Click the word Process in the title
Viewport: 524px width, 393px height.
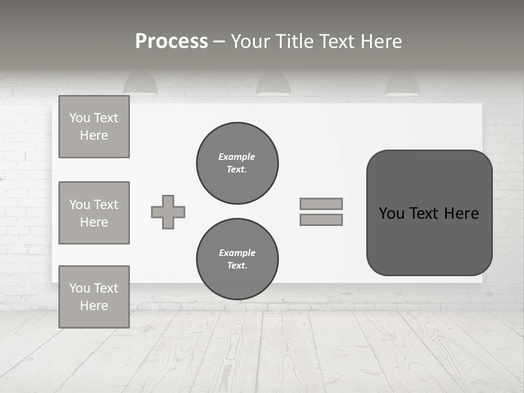(171, 41)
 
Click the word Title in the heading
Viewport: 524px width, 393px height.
(295, 41)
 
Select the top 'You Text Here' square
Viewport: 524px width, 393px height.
(94, 127)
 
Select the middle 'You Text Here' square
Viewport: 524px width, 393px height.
(94, 213)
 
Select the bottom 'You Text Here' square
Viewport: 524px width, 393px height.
(94, 297)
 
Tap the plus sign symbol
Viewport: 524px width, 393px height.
(168, 212)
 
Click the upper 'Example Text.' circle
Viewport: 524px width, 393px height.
(237, 163)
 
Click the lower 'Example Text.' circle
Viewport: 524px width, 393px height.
(237, 259)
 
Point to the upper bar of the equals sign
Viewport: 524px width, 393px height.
(321, 204)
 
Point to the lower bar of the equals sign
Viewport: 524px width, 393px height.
(321, 219)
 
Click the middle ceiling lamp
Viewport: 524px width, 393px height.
(273, 84)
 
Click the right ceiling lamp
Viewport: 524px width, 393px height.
(402, 84)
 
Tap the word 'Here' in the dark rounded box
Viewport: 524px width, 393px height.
(461, 213)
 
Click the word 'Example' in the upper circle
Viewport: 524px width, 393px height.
(237, 157)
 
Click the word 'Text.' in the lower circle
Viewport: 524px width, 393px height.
(237, 266)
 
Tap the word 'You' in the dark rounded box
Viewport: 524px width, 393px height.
(391, 213)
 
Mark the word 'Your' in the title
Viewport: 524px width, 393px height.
(251, 41)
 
